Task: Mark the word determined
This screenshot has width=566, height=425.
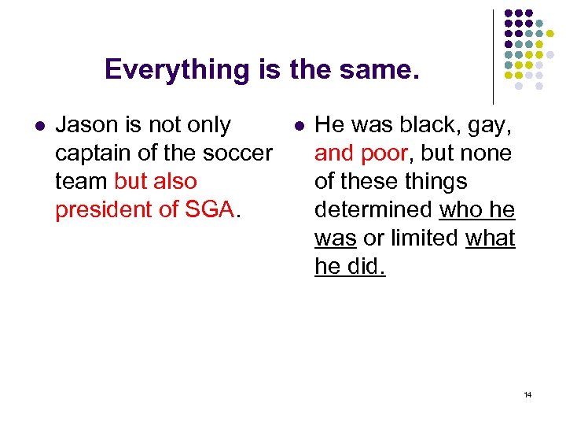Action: pos(373,210)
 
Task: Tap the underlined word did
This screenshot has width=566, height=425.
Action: pos(366,267)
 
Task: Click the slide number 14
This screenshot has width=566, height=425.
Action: pos(527,394)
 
